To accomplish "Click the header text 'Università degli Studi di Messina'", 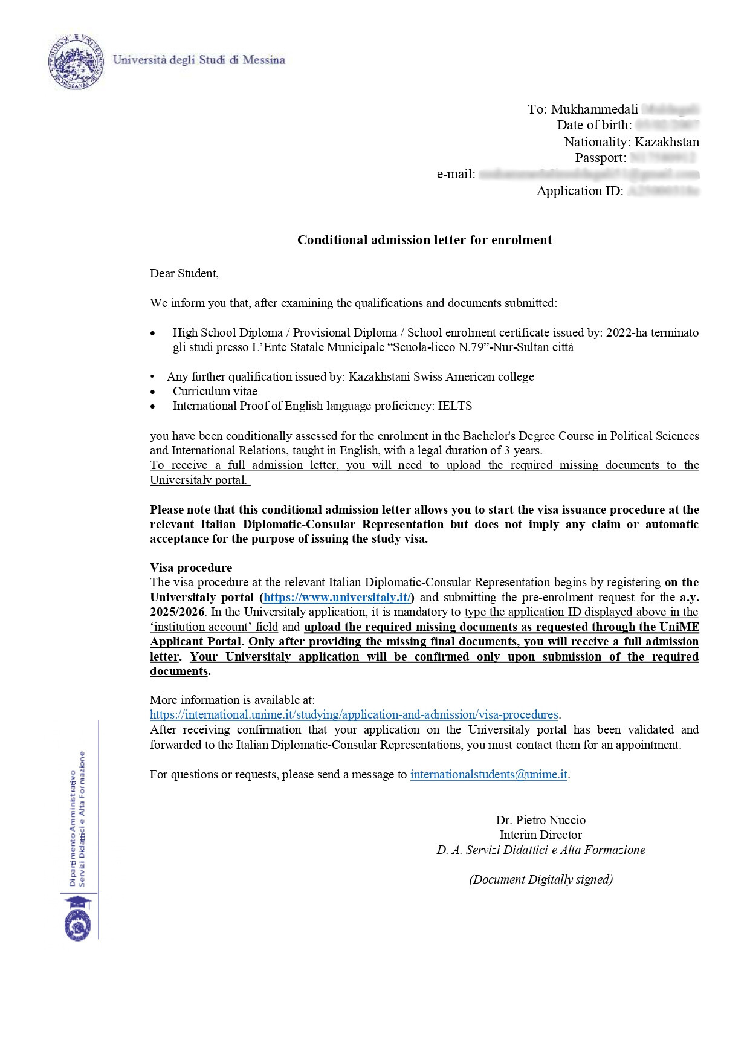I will tap(199, 60).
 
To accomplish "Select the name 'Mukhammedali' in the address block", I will tap(594, 109).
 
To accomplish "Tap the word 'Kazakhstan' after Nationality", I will tap(667, 142).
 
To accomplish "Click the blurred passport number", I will tap(662, 158).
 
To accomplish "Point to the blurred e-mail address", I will tap(589, 175).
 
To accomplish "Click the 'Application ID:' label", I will tap(580, 191).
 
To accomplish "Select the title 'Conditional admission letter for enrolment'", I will tap(424, 240).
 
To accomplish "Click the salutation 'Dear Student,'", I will tap(184, 273).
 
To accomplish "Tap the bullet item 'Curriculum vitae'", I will tap(215, 391).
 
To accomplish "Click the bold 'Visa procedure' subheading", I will tap(191, 567).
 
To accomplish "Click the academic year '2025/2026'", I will tap(177, 612).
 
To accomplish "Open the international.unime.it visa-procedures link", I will tap(354, 714).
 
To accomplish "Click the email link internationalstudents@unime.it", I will tap(488, 774).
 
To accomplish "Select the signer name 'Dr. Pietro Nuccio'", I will tap(540, 820).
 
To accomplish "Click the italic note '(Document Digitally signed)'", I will tap(540, 879).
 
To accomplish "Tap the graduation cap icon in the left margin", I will tap(79, 902).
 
